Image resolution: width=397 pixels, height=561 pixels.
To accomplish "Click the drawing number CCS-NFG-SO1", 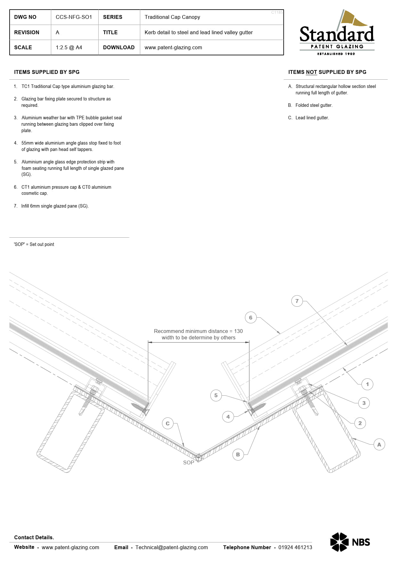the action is coord(74,17).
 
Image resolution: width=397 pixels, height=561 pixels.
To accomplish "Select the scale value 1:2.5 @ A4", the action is coord(69,47).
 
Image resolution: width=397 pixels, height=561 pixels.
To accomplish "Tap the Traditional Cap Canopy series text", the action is coord(172,17).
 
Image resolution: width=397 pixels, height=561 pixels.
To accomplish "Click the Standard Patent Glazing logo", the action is coord(337,33).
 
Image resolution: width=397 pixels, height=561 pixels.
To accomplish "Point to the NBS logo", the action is coord(350,542).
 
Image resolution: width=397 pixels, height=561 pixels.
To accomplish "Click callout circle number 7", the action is coord(297,301).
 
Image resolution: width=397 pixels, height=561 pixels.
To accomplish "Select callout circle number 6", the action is coord(251,318).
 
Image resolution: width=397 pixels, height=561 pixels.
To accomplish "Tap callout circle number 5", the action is coord(216,395).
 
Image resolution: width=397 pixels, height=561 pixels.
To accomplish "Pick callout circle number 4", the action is coord(228,417).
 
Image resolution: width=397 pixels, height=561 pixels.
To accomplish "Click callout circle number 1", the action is coord(367,384).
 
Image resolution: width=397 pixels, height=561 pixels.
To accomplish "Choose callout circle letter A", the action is coord(379,444).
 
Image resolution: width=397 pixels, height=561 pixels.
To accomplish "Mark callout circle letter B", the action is coord(238,454).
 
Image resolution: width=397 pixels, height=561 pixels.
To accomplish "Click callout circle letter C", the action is coord(167,423).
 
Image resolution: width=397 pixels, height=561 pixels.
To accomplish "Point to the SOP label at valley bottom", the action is coord(189,462).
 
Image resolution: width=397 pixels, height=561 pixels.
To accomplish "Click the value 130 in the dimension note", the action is coord(239,331).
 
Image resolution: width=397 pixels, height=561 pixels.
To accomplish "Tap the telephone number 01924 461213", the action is coord(295,547).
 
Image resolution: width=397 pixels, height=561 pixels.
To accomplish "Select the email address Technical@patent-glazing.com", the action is coord(172,547).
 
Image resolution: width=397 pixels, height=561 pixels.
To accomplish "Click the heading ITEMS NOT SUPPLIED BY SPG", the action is coord(327,72).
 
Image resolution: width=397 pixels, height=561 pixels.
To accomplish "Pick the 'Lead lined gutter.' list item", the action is coord(312,118).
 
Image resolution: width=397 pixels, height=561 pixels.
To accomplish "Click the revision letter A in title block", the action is coord(58,32).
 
